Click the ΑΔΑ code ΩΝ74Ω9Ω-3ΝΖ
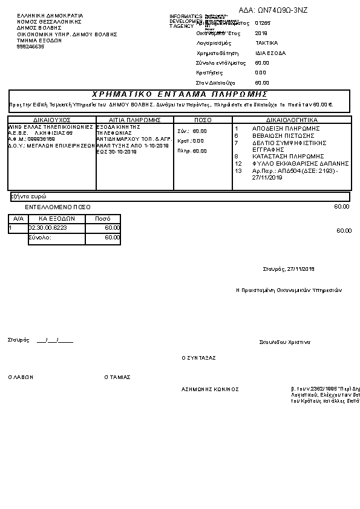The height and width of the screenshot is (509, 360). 282,10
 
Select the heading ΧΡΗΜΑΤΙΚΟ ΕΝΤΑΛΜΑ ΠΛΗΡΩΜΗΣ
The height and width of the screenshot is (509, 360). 180,94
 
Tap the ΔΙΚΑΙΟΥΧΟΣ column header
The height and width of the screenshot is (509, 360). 52,120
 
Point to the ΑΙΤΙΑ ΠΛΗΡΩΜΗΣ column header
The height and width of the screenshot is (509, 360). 135,120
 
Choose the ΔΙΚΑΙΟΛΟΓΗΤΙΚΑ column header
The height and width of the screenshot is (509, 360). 292,120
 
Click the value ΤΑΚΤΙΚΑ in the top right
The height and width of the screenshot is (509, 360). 266,44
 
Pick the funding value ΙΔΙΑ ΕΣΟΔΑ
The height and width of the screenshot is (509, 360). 270,53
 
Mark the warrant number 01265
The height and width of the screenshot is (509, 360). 262,23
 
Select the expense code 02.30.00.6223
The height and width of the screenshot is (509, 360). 48,227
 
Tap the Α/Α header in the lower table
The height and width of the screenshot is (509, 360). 18,218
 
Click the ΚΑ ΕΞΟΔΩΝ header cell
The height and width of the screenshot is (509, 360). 56,218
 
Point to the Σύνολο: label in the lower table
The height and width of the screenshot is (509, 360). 40,238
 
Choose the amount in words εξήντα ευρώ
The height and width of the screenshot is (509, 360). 30,196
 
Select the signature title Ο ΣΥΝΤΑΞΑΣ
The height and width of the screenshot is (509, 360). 198,358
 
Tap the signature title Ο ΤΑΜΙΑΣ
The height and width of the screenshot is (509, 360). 117,377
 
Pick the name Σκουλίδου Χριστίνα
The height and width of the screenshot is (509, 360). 284,342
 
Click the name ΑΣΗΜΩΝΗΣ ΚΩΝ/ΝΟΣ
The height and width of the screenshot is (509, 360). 210,389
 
